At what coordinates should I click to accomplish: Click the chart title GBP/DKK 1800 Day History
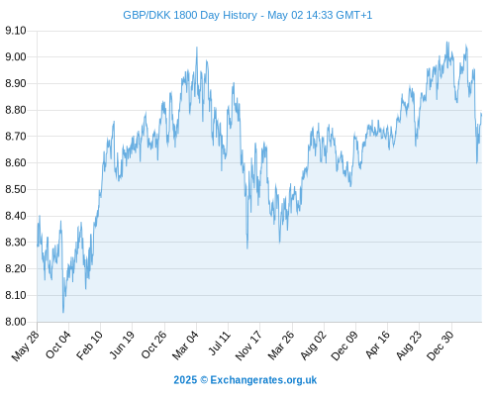tap(190, 15)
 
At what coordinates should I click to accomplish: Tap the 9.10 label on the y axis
tap(16, 31)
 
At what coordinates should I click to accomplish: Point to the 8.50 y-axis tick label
tap(16, 189)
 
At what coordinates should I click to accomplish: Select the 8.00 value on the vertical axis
tap(16, 322)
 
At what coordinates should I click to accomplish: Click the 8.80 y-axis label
tap(16, 110)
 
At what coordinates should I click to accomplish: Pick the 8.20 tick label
tap(16, 268)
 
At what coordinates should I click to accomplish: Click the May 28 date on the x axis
tap(25, 346)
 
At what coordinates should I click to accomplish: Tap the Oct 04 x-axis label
tap(58, 346)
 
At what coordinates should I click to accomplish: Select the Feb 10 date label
tap(89, 346)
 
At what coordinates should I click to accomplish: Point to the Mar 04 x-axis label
tap(185, 346)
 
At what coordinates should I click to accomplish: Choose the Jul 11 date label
tap(220, 344)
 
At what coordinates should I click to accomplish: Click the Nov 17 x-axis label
tap(248, 346)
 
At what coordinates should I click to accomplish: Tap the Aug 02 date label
tap(313, 346)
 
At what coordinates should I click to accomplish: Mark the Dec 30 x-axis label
tap(441, 346)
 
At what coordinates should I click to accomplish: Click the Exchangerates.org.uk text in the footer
tap(263, 380)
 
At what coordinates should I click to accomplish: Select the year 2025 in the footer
tap(185, 380)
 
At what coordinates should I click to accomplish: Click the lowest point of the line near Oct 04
tap(63, 312)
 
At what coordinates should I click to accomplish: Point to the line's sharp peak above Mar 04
tap(197, 48)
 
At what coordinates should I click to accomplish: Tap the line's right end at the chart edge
tap(481, 114)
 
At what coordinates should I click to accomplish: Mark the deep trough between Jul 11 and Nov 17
tap(247, 248)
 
